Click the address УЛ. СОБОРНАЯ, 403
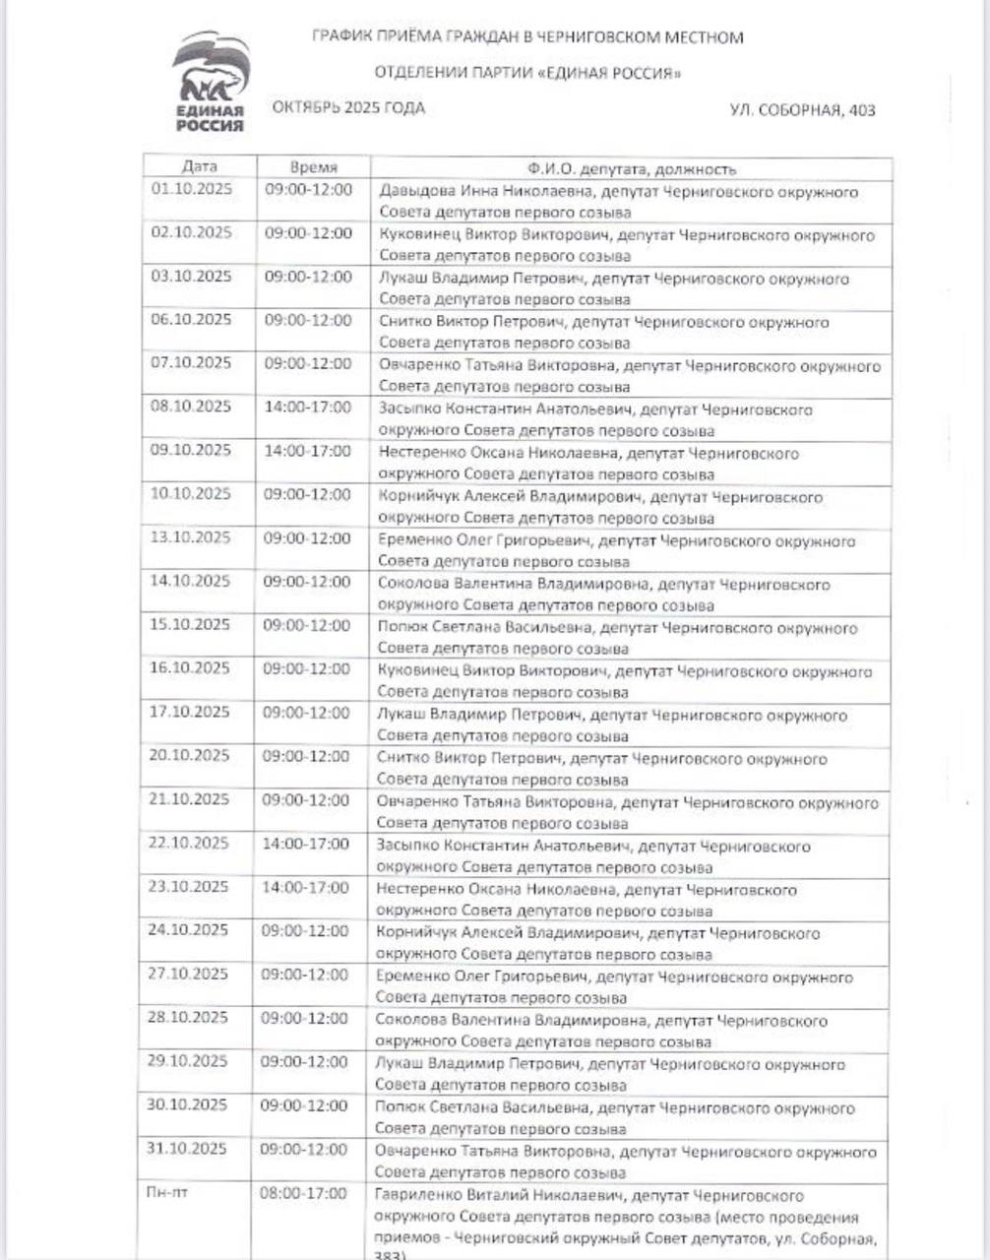[802, 110]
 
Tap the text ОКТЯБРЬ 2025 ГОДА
[348, 108]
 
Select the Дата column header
[200, 167]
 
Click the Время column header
[314, 167]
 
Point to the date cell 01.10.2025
[192, 189]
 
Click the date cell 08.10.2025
[191, 407]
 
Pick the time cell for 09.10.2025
[307, 451]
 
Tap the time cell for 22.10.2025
[305, 844]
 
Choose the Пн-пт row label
[163, 1193]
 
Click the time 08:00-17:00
[303, 1193]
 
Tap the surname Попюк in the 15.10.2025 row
[402, 628]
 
